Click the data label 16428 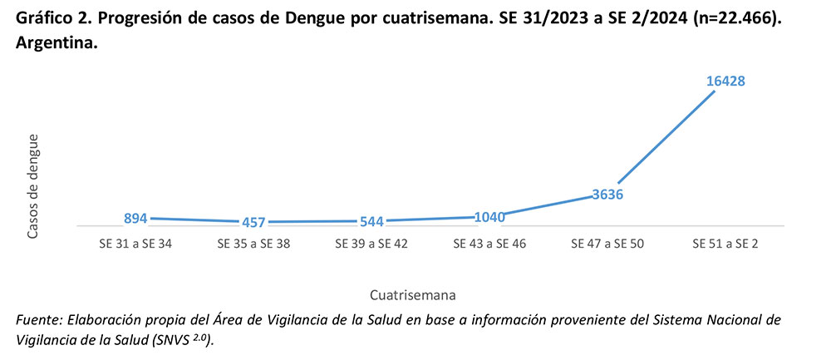725,81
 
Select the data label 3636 608,195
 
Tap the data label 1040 490,217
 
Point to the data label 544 372,222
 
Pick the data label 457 253,222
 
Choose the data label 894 135,218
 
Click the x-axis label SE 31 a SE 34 135,244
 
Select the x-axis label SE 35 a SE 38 253,244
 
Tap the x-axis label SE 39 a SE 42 372,244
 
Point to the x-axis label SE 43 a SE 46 490,244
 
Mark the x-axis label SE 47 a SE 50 608,244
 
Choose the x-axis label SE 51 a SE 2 725,244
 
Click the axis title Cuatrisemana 413,294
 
